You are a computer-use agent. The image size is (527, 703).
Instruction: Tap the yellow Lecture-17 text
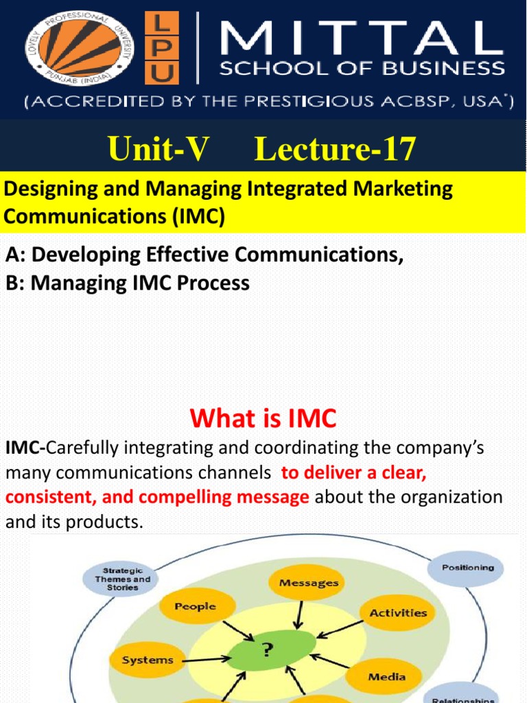pyautogui.click(x=334, y=150)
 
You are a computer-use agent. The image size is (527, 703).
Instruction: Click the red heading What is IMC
pyautogui.click(x=263, y=417)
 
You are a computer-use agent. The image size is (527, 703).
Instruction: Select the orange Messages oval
pyautogui.click(x=308, y=583)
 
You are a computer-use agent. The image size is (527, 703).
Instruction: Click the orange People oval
pyautogui.click(x=195, y=607)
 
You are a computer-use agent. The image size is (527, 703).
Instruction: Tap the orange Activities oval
pyautogui.click(x=397, y=613)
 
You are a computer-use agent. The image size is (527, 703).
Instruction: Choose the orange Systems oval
pyautogui.click(x=147, y=660)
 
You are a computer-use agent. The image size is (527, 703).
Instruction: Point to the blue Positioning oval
pyautogui.click(x=467, y=568)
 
